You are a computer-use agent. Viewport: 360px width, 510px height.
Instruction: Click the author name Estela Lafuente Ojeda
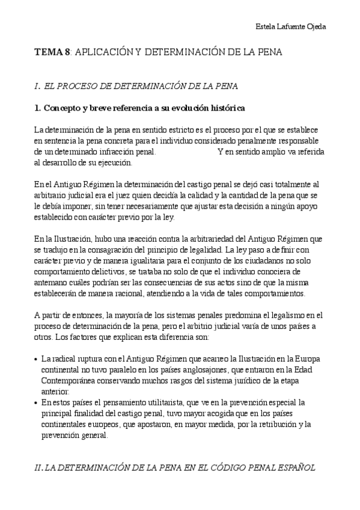291,27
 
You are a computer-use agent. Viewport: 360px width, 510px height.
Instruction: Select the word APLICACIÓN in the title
105,53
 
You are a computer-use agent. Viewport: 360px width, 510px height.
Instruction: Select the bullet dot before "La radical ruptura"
37,359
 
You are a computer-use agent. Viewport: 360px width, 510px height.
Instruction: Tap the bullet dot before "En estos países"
37,402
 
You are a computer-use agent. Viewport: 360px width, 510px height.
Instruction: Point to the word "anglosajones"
217,370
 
